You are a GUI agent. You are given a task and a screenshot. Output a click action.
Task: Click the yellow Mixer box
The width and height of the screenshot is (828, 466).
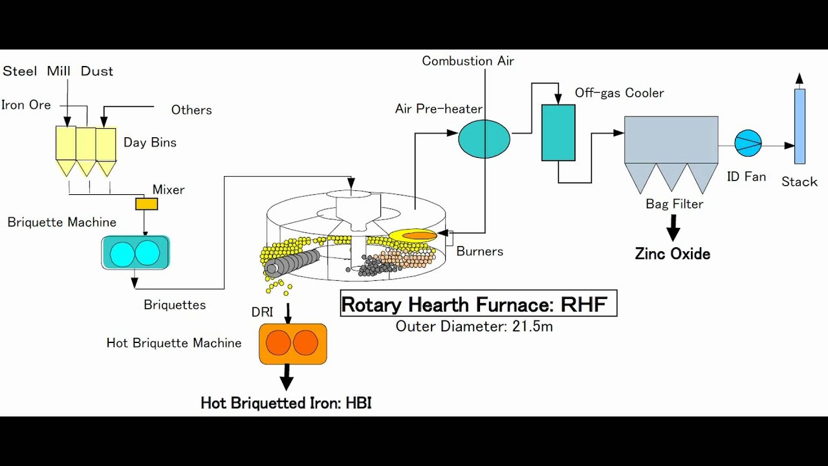(146, 204)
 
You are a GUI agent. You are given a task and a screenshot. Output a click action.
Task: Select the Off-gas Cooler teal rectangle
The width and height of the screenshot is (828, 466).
(558, 131)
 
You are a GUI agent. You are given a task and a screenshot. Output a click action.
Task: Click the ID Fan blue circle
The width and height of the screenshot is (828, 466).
(748, 143)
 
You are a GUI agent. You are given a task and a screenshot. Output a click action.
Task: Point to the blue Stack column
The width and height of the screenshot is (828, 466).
(800, 126)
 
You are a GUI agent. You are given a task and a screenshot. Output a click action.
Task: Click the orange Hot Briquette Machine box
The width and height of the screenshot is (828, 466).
(292, 344)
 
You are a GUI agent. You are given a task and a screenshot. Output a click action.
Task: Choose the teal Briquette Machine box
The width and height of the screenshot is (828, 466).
(135, 252)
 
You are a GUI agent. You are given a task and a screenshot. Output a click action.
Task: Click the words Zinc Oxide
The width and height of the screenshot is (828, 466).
(672, 254)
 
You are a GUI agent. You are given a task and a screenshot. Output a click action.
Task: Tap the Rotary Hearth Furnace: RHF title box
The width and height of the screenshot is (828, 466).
(479, 304)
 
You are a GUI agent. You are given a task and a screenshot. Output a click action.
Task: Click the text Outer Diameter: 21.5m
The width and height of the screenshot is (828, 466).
(474, 326)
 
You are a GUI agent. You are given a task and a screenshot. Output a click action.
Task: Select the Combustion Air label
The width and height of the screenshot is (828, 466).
(468, 61)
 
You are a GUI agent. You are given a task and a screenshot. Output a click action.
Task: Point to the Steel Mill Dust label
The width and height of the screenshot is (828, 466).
(58, 71)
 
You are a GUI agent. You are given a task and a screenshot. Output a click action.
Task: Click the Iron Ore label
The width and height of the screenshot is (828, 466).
(26, 105)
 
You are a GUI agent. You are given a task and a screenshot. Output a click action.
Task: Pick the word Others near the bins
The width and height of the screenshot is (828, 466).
(191, 110)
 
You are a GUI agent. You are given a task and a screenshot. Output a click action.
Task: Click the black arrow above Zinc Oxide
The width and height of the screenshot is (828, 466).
(673, 227)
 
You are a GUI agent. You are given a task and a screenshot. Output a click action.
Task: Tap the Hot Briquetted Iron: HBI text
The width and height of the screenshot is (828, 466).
(286, 403)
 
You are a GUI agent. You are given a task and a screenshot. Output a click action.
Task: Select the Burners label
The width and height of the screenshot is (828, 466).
(479, 251)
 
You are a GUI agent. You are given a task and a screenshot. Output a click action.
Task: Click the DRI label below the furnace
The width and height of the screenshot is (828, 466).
(262, 312)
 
